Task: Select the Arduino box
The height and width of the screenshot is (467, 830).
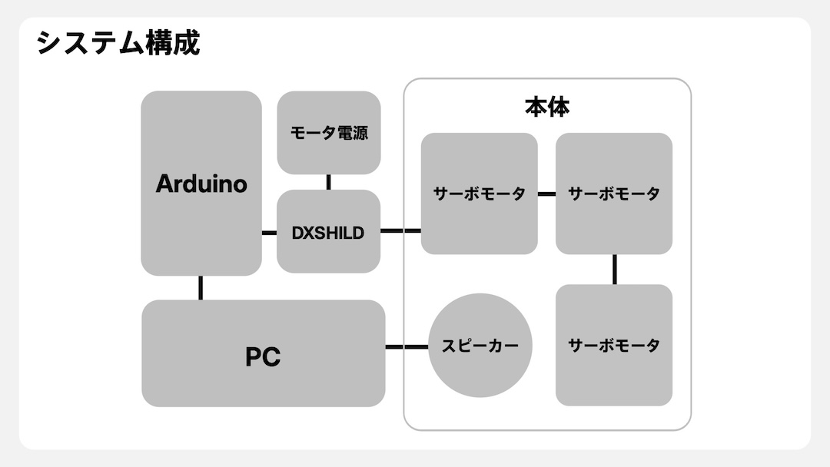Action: pos(201,183)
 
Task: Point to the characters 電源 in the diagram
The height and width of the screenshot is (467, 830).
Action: pos(352,133)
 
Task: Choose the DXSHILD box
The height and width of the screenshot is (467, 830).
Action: pos(328,232)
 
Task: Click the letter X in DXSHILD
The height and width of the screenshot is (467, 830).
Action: pos(308,233)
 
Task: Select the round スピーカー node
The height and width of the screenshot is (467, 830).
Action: pos(480,346)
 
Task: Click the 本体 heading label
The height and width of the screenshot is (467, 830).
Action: pos(547,107)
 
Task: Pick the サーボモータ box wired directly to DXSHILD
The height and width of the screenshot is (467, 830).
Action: pos(479,194)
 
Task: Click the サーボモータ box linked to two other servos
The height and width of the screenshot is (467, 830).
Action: pos(613,194)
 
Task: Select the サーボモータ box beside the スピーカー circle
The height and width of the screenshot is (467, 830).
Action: pos(613,345)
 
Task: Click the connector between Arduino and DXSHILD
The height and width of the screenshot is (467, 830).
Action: pos(269,232)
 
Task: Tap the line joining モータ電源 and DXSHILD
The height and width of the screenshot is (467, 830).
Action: pos(328,182)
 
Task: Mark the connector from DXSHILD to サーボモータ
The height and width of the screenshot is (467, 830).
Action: pos(400,230)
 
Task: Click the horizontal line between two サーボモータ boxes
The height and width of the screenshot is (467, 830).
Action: pos(546,194)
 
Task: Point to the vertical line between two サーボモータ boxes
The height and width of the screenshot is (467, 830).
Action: pos(614,269)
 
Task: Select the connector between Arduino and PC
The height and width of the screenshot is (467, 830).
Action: pos(201,287)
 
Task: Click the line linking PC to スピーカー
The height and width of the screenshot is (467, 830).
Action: pos(406,347)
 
